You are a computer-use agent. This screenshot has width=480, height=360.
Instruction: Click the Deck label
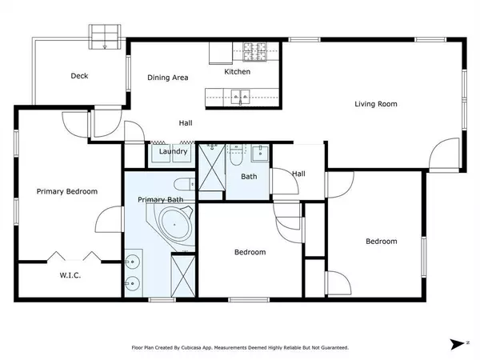(x=79, y=77)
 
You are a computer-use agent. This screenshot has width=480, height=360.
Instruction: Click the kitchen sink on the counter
(x=239, y=98)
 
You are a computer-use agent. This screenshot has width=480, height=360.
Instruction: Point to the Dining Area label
(x=168, y=78)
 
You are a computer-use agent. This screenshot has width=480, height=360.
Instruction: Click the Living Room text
(x=376, y=104)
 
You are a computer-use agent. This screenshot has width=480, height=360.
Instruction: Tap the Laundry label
(x=174, y=151)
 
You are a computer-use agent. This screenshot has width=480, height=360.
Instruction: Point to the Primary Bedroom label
(x=67, y=191)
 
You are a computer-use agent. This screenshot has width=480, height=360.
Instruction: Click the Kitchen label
(x=237, y=72)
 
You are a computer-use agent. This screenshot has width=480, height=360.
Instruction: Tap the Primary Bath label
(x=161, y=199)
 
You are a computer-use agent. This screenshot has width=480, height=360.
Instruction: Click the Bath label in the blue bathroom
(x=250, y=176)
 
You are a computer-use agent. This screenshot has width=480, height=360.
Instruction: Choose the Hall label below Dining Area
(x=185, y=123)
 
